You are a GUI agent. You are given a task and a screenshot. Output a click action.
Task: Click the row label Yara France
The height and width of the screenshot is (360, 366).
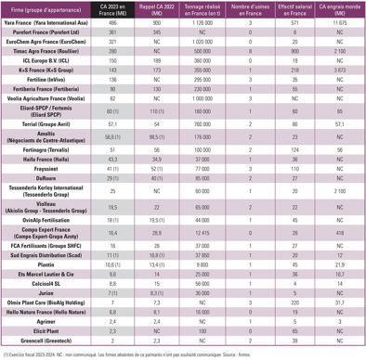coord(50,32)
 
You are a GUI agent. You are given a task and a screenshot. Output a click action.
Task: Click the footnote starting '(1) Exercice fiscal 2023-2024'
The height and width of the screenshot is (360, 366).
coord(130,354)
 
